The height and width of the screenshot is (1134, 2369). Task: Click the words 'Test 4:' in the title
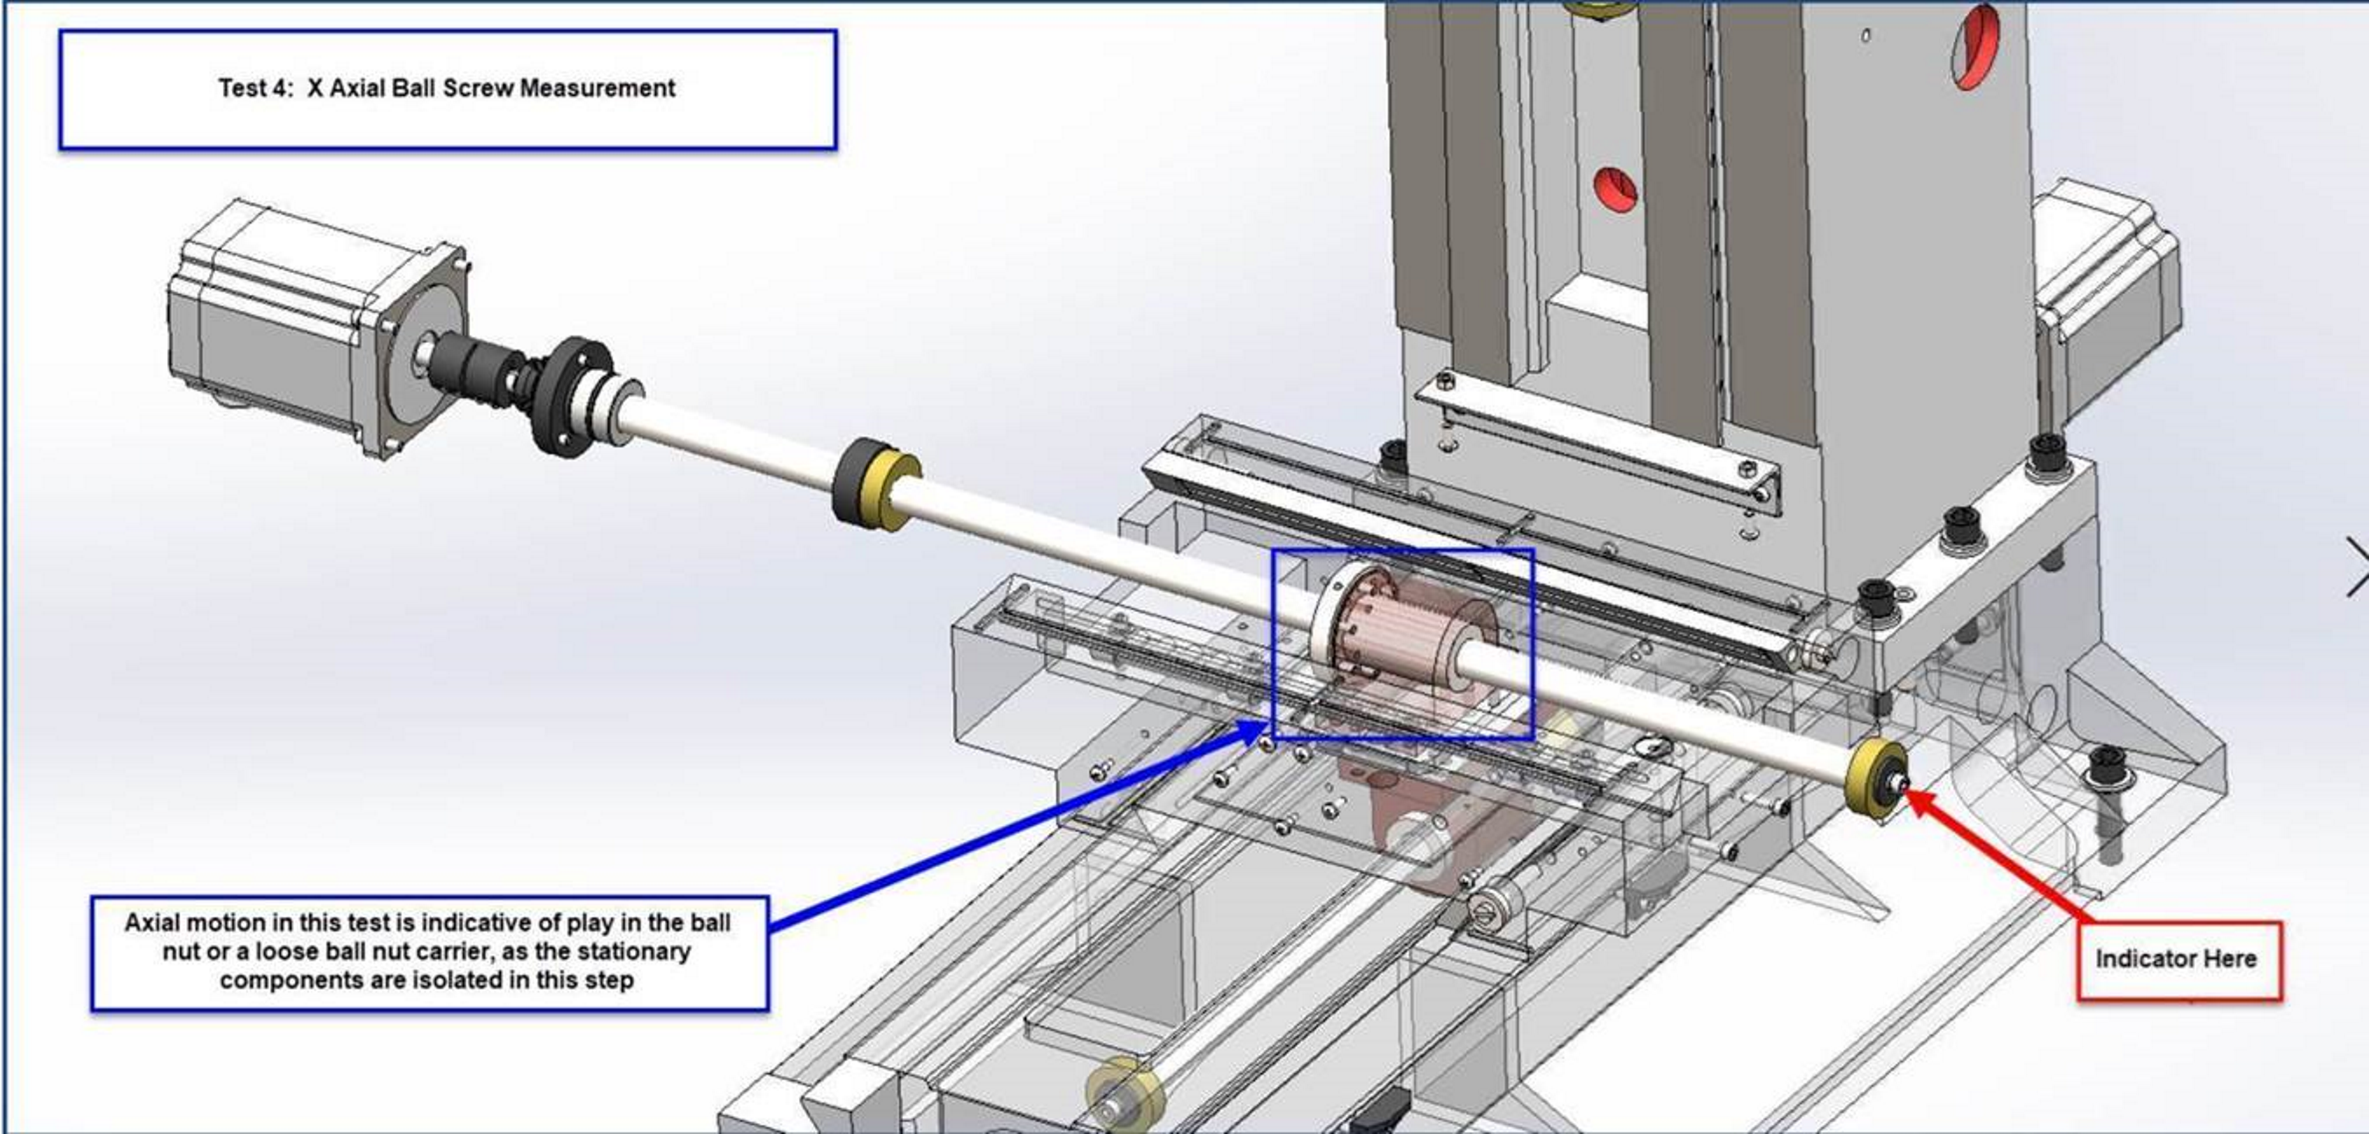(x=254, y=88)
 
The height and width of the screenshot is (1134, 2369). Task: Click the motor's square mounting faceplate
(x=418, y=349)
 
